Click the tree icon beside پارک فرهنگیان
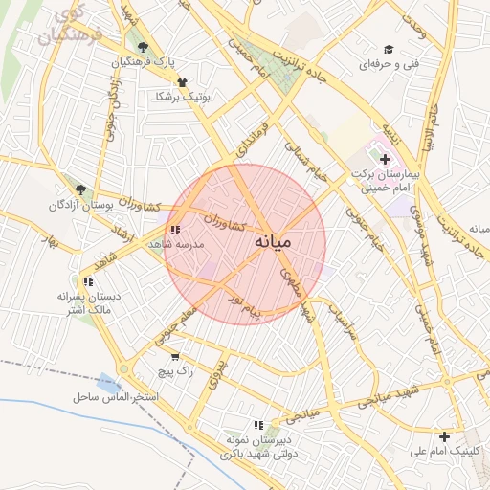pyautogui.click(x=143, y=48)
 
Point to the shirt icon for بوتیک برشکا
pyautogui.click(x=182, y=83)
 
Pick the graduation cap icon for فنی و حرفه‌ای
pyautogui.click(x=389, y=50)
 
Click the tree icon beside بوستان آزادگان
pyautogui.click(x=80, y=190)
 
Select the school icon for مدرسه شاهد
pyautogui.click(x=174, y=231)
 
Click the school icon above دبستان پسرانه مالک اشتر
pyautogui.click(x=88, y=281)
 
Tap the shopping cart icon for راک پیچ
pyautogui.click(x=174, y=356)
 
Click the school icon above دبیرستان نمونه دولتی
pyautogui.click(x=257, y=425)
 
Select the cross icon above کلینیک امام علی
pyautogui.click(x=444, y=436)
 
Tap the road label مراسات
pyautogui.click(x=343, y=322)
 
